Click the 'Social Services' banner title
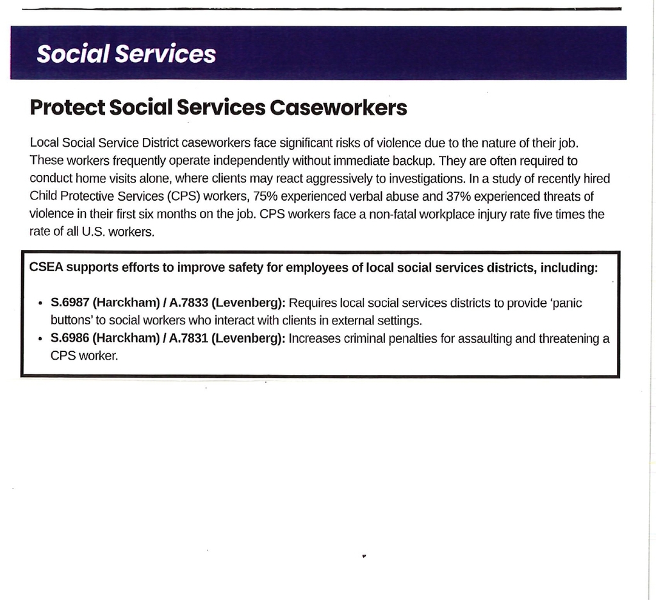(126, 54)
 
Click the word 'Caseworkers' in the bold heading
(338, 108)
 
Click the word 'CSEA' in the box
(46, 267)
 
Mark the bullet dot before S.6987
(40, 303)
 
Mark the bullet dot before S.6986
(40, 339)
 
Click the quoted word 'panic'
(566, 303)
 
